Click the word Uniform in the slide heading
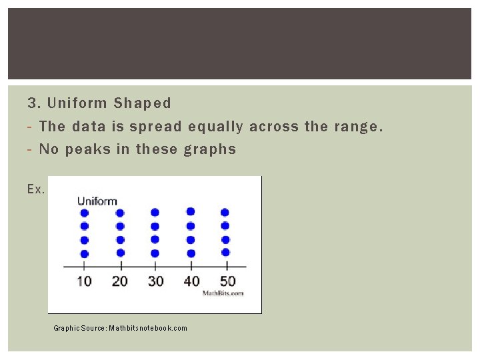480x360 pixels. [x=77, y=103]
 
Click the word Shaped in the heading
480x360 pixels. [x=142, y=103]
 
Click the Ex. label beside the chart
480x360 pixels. [x=36, y=189]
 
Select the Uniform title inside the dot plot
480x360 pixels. [x=97, y=201]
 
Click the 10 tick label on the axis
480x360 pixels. [x=84, y=281]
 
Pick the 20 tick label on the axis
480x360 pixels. [x=120, y=281]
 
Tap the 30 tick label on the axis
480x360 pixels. [x=155, y=281]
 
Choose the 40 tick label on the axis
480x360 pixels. [x=191, y=281]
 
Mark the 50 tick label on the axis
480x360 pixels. [x=227, y=281]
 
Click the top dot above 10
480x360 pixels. [x=84, y=213]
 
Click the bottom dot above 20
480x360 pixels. [x=120, y=253]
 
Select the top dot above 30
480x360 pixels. [x=155, y=213]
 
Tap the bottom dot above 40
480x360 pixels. [x=191, y=253]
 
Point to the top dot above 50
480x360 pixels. [x=225, y=213]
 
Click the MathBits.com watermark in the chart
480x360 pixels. [x=223, y=293]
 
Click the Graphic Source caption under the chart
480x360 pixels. [x=120, y=328]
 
